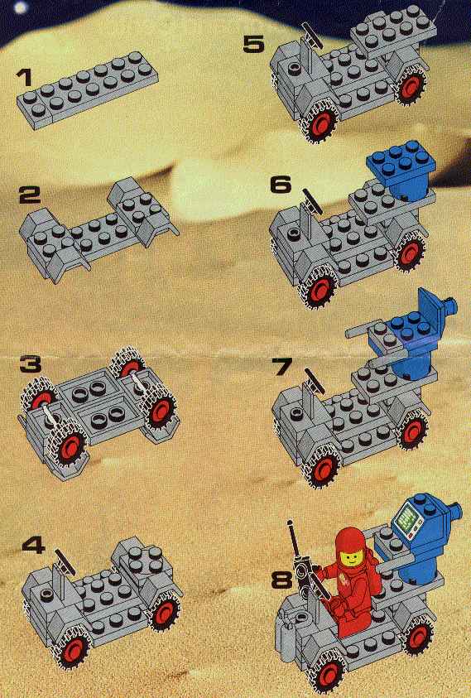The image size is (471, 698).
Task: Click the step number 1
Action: point(25,78)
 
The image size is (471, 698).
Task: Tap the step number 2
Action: point(29,195)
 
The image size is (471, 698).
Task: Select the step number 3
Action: point(31,363)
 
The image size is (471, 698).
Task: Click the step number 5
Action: point(254,45)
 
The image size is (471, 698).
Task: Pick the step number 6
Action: point(281,185)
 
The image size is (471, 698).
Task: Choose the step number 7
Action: point(281,366)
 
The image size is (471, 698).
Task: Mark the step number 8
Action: point(281,580)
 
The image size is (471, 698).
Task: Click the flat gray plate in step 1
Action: point(87,90)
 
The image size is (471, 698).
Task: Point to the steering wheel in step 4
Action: point(64,560)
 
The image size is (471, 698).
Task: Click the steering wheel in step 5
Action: point(312,35)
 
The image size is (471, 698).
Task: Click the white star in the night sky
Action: point(21,7)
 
